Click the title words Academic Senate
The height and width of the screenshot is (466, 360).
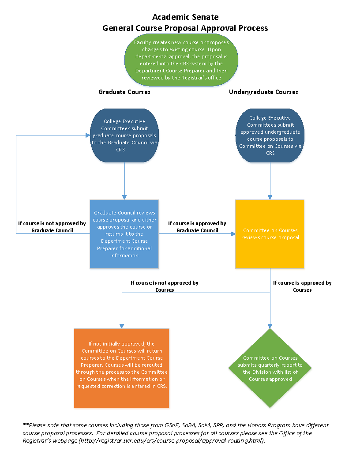click(185, 17)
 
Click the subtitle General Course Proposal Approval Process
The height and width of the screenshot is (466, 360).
click(185, 28)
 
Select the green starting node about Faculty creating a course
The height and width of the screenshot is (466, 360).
click(181, 60)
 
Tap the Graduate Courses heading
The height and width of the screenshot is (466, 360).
click(124, 92)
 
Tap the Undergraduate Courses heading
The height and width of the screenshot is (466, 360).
click(263, 92)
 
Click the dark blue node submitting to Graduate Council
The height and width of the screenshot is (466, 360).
click(124, 135)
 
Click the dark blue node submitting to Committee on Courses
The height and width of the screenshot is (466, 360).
click(270, 135)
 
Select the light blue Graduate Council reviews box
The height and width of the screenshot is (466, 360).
click(124, 234)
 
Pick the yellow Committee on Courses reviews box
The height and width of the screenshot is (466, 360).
click(270, 234)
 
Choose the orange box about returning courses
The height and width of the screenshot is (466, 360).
click(121, 368)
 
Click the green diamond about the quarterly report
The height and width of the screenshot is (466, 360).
click(270, 368)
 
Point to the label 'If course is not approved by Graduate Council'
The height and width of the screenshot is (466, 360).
click(52, 227)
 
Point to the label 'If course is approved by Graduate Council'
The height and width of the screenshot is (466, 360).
click(197, 227)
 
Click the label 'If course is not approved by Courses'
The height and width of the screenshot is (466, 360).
click(164, 286)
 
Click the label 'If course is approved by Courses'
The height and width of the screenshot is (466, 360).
click(302, 286)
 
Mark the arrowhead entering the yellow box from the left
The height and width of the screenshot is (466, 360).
click(232, 233)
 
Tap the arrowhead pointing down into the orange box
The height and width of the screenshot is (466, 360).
click(121, 326)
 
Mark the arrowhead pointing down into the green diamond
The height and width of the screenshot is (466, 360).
click(270, 326)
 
